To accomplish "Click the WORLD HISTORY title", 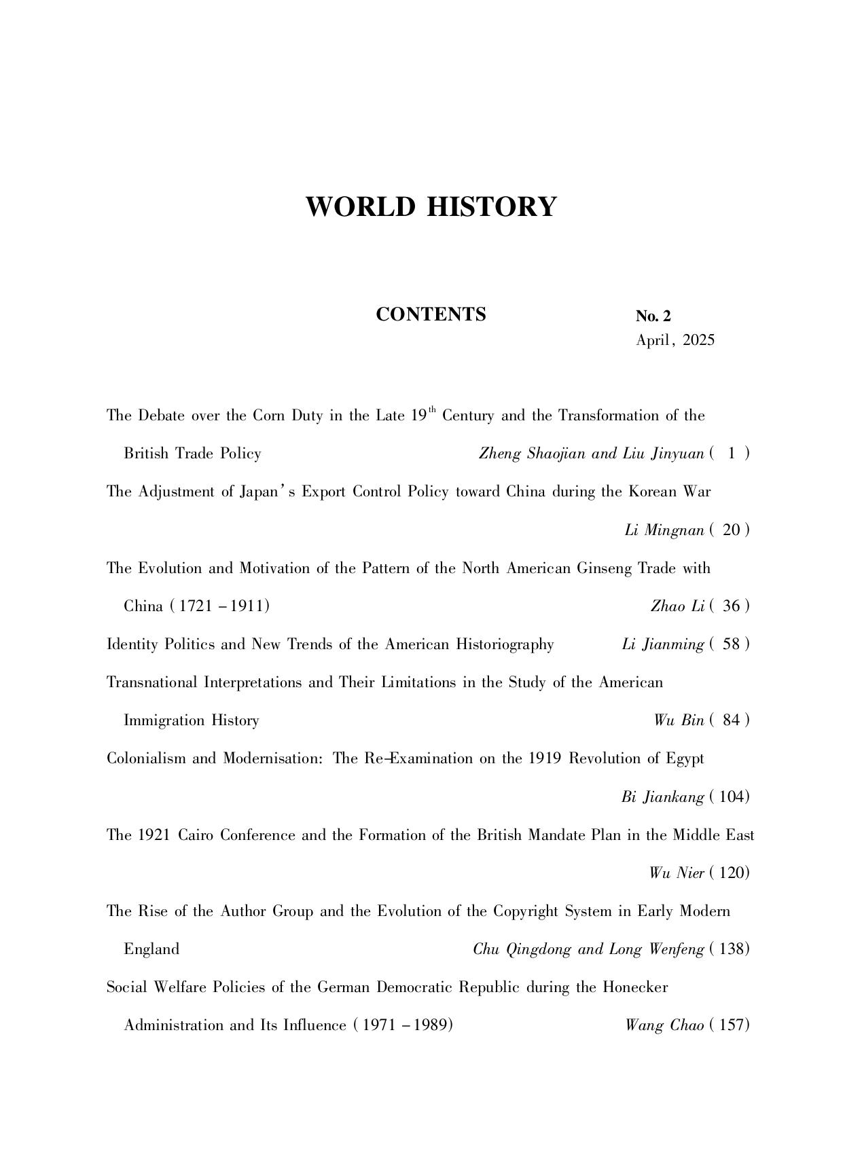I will (431, 206).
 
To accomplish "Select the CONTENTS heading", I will (431, 314).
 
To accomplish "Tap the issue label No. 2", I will (653, 316).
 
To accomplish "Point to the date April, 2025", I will (675, 340).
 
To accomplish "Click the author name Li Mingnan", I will (664, 530).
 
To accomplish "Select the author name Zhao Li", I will (677, 606).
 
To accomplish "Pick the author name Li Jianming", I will (662, 644).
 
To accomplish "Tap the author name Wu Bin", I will (679, 720).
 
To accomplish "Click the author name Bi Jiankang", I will (662, 797).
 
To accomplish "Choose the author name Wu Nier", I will (676, 873).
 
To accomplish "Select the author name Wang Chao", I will (665, 1025).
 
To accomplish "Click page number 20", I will (731, 530).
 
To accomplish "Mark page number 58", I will (731, 644).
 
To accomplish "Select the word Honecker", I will (635, 987).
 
